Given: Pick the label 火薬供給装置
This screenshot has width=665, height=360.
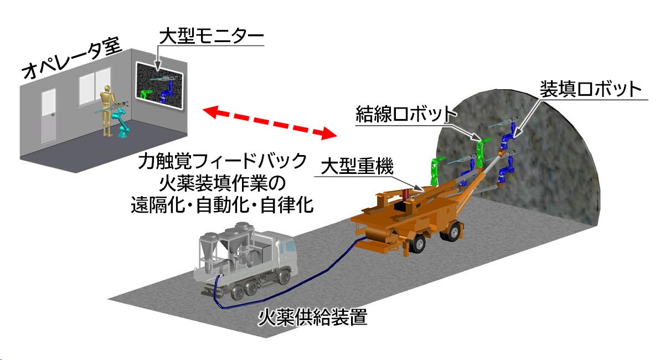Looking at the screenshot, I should [x=313, y=318].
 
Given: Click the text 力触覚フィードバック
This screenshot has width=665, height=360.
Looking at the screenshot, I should [x=223, y=162].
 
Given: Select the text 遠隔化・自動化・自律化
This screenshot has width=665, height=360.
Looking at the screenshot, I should [x=223, y=205].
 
